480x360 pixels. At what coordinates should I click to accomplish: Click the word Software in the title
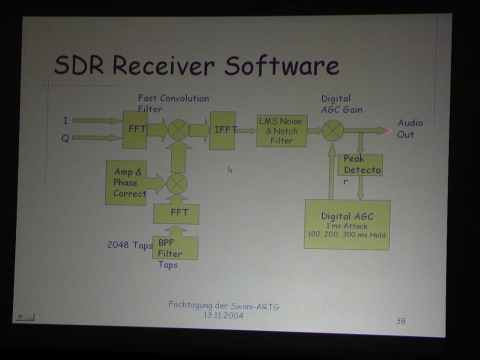282,65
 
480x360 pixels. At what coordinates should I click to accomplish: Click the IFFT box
222,130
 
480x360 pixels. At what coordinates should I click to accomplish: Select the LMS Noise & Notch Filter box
282,131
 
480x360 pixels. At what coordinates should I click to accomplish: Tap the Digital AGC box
347,225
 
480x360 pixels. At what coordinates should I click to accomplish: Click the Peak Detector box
360,165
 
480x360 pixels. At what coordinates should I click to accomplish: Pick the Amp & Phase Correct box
126,183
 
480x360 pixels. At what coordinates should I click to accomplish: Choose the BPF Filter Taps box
175,248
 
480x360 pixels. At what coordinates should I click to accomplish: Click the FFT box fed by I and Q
135,130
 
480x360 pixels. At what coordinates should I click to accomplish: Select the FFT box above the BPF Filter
176,214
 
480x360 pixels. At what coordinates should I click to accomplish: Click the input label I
65,121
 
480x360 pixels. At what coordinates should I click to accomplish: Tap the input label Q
65,138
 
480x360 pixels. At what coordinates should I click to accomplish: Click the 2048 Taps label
130,245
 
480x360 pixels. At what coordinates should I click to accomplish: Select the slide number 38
400,321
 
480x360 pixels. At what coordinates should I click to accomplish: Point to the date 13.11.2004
223,315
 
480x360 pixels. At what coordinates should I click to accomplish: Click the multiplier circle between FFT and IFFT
178,130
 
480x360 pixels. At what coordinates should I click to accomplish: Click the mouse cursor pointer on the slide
230,170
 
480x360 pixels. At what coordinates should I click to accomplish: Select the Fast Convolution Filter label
173,103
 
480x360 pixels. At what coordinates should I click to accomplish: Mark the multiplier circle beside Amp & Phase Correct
177,183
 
